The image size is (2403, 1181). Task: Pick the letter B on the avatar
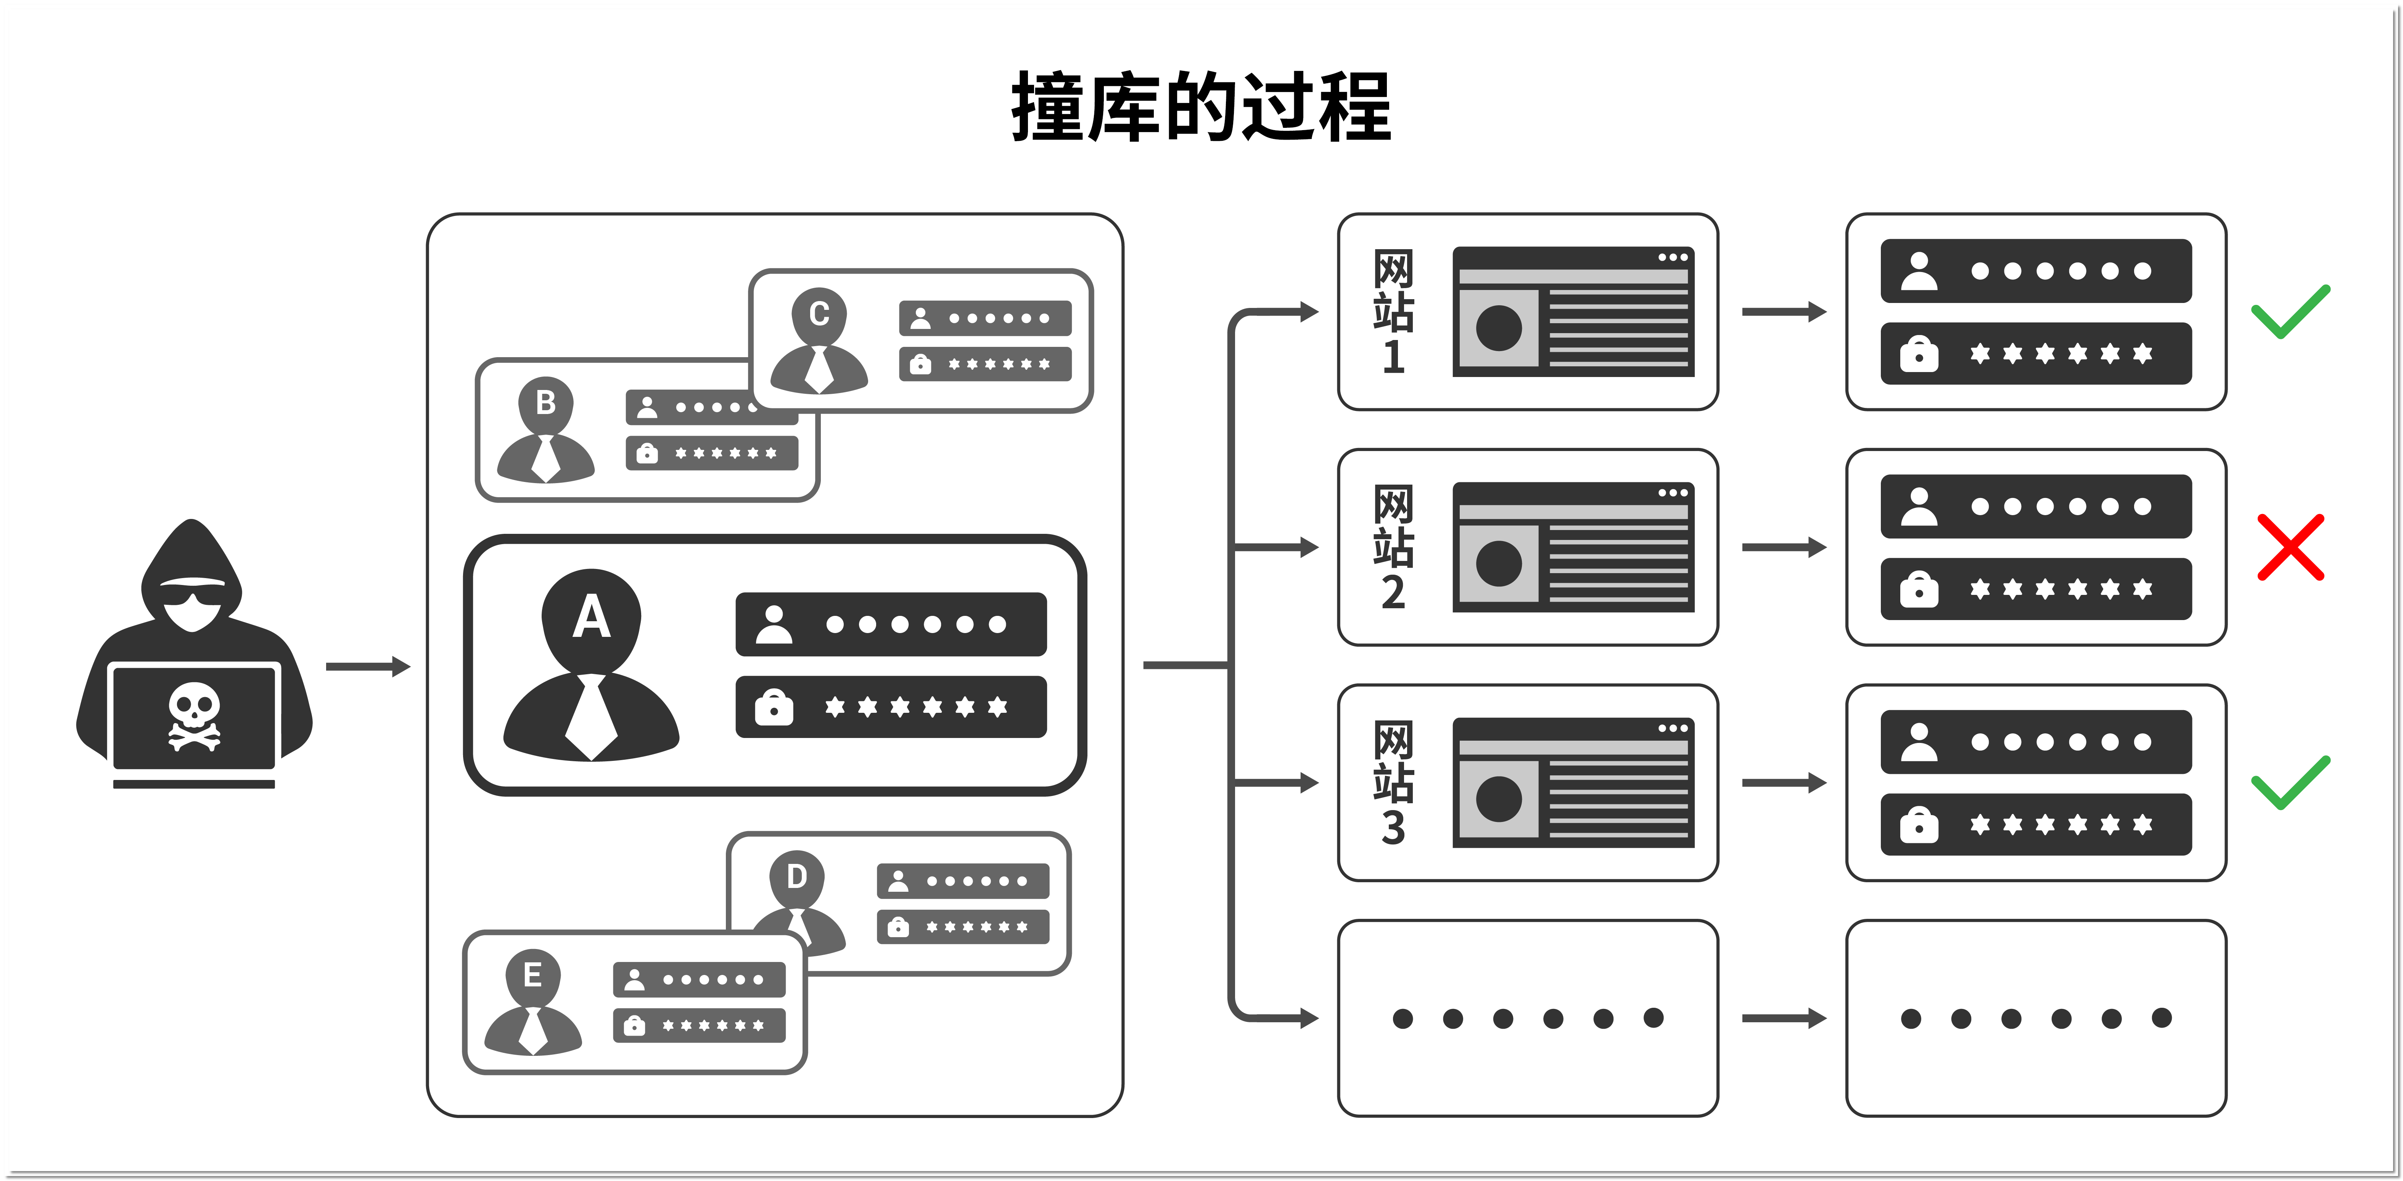[x=546, y=403]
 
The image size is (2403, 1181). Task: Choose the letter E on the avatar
[x=532, y=975]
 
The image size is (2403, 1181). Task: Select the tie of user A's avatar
[x=590, y=717]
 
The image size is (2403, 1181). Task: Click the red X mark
[x=2290, y=548]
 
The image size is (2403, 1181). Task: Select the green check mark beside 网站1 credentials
[x=2290, y=313]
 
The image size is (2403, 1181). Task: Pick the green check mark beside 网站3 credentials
[x=2290, y=784]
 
